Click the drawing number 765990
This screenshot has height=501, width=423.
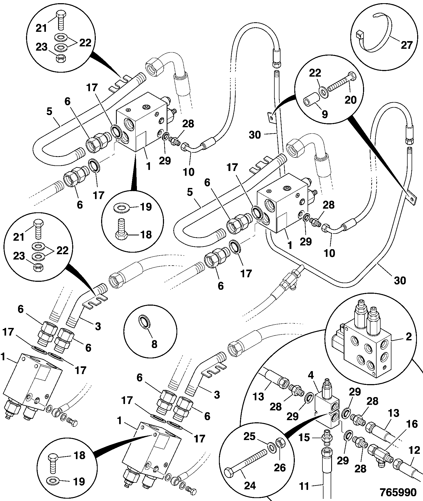[x=398, y=492]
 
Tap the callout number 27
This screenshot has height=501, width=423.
[x=406, y=45]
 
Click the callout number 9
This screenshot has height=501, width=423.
[x=324, y=114]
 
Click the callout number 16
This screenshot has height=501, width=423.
[x=412, y=424]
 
